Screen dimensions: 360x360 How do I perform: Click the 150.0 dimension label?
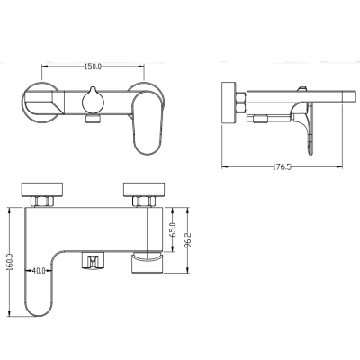point(93,67)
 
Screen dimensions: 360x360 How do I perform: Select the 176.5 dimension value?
point(282,166)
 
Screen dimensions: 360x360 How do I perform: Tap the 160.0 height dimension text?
point(11,261)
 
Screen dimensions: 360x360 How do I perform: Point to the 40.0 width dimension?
point(39,271)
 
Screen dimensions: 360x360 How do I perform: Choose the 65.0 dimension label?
point(173,229)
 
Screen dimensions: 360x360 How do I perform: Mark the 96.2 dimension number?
point(189,240)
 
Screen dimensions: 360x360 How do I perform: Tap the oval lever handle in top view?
point(148,123)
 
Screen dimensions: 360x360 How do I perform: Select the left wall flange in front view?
point(42,189)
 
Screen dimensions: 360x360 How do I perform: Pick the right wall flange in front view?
point(144,189)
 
